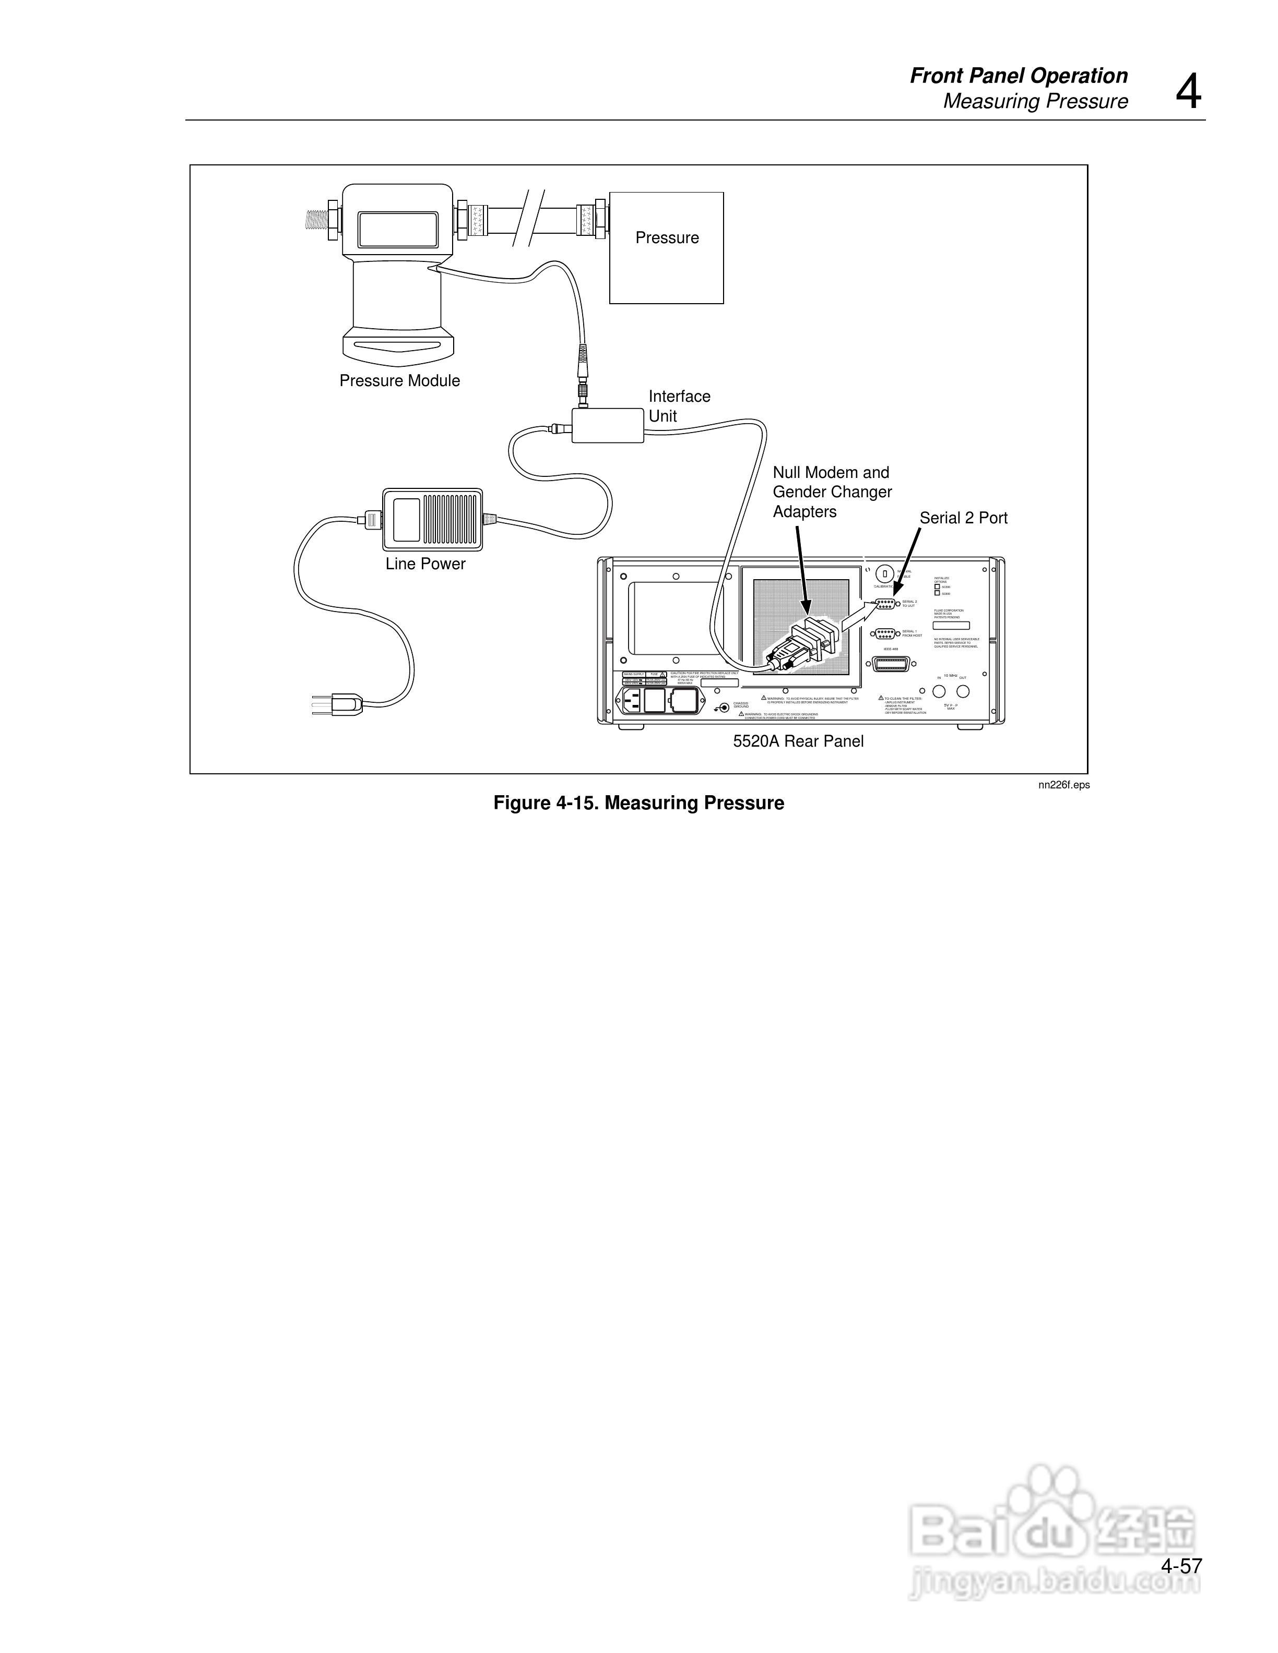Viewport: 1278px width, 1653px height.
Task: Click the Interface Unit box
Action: (x=607, y=425)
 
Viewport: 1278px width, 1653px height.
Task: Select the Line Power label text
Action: (x=425, y=564)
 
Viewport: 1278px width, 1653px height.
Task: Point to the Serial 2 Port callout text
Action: (x=963, y=519)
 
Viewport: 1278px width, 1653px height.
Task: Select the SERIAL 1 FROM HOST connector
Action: (x=884, y=633)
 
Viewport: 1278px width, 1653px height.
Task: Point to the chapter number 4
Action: (x=1188, y=92)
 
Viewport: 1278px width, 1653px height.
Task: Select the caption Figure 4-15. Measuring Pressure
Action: (x=638, y=803)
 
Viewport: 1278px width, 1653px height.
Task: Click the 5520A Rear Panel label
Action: (x=798, y=742)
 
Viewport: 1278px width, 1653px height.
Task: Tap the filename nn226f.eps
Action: (x=1064, y=785)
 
